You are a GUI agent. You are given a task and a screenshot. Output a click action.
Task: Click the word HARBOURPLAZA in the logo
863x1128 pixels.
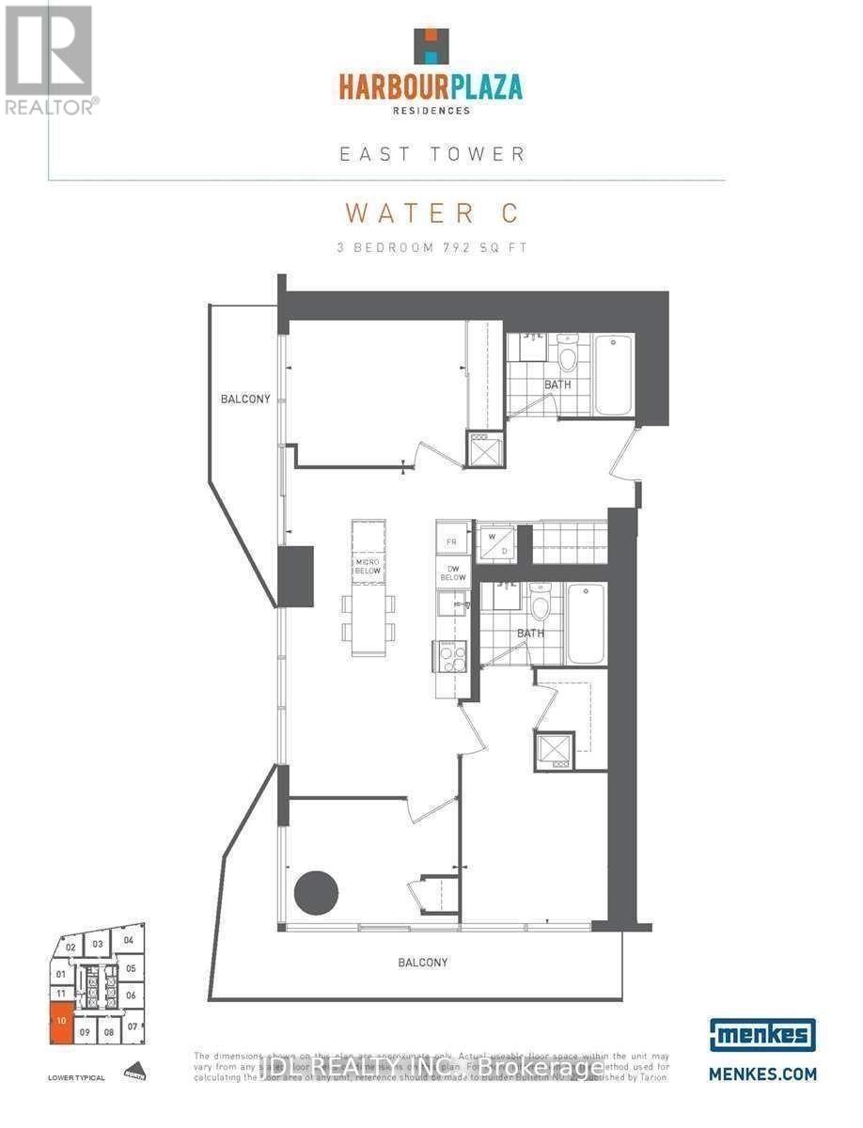click(x=431, y=88)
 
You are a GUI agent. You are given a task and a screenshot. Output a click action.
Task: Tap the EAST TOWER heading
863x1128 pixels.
click(x=431, y=153)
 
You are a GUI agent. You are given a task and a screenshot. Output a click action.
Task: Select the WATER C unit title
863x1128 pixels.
click(x=431, y=212)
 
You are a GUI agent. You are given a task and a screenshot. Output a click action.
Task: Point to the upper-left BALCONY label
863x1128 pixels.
click(x=245, y=399)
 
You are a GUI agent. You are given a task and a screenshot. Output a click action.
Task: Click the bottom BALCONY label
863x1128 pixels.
click(x=422, y=963)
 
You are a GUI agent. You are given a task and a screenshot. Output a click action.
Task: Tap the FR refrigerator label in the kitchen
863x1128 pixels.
click(x=451, y=542)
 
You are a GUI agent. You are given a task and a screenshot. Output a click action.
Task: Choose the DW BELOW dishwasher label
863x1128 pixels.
click(x=452, y=572)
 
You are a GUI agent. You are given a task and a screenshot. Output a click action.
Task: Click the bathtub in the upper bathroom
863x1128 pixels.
click(x=613, y=374)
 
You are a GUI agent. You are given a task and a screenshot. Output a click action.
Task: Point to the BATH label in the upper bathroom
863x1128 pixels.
click(x=557, y=384)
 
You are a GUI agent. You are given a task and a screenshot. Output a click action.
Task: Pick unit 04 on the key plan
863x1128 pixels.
click(x=129, y=940)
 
